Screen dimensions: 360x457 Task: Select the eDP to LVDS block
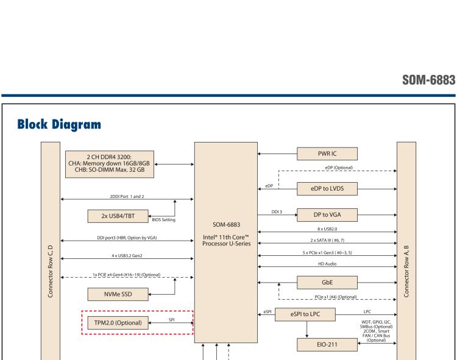(x=327, y=188)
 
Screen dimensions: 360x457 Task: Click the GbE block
(x=327, y=282)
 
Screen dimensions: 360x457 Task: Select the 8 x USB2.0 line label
(x=328, y=228)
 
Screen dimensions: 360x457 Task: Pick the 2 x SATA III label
(x=328, y=239)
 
